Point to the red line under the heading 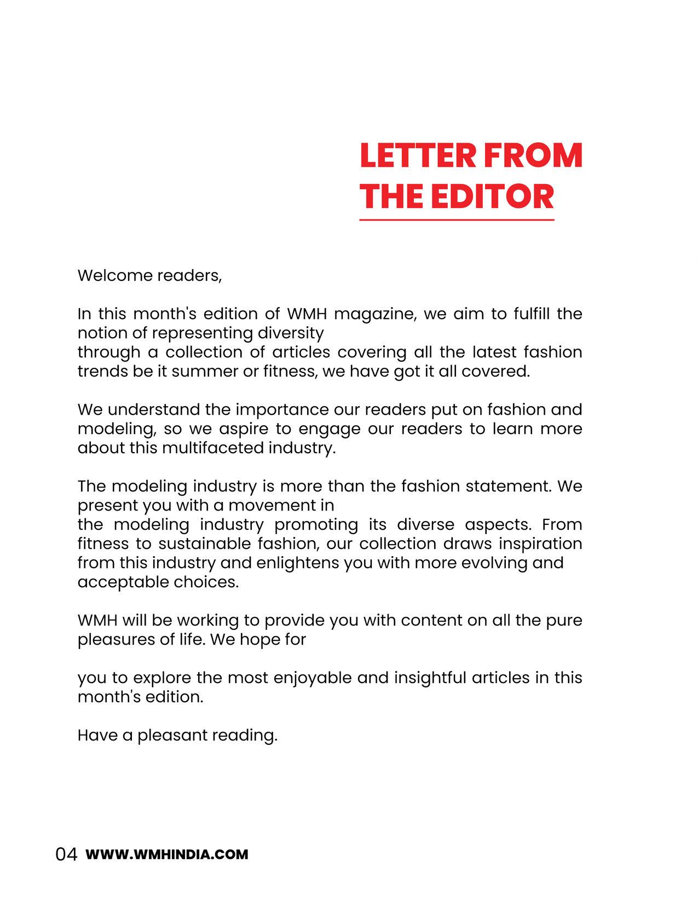(x=457, y=220)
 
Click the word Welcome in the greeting (x=114, y=275)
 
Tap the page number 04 (x=67, y=854)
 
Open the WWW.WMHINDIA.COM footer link (x=167, y=854)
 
